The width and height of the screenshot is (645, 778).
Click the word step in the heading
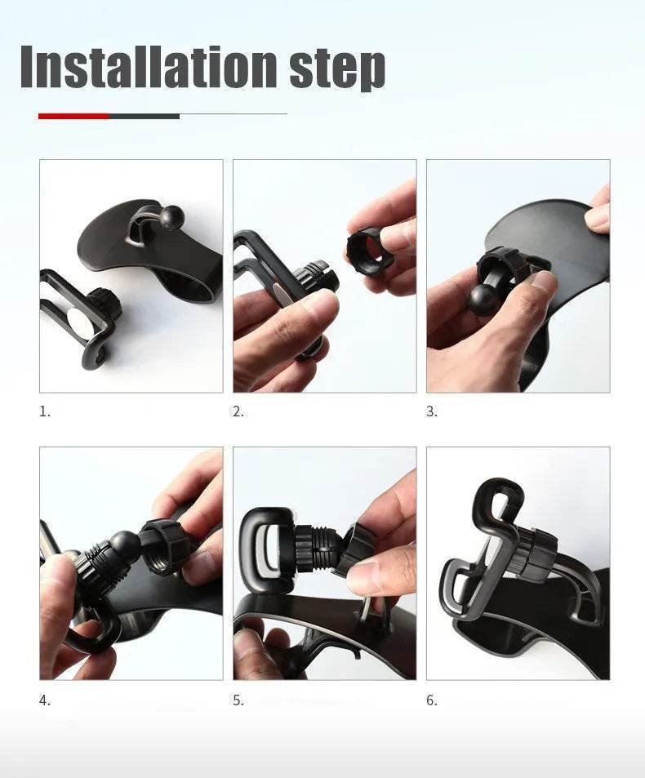pyautogui.click(x=336, y=69)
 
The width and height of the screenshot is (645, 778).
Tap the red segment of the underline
pyautogui.click(x=73, y=116)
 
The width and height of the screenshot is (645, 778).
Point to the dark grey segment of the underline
pyautogui.click(x=144, y=116)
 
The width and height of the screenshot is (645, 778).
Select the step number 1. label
pyautogui.click(x=44, y=411)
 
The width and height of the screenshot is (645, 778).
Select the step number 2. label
pyautogui.click(x=238, y=411)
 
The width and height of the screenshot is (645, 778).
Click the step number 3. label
pyautogui.click(x=431, y=411)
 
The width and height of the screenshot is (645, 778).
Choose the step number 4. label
pyautogui.click(x=44, y=700)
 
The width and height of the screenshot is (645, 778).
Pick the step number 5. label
pyautogui.click(x=238, y=700)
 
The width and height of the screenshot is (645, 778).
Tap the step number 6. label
pyautogui.click(x=431, y=700)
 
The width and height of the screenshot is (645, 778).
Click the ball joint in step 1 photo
pyautogui.click(x=171, y=216)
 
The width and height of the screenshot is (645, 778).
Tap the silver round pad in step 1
pyautogui.click(x=78, y=319)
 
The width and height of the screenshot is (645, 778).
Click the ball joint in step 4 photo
pyautogui.click(x=125, y=545)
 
